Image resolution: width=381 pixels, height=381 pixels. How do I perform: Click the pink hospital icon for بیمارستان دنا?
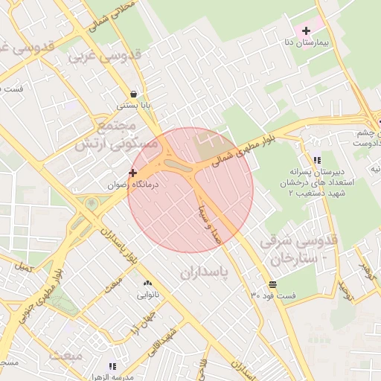306,31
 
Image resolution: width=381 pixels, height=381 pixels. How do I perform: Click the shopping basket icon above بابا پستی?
133,94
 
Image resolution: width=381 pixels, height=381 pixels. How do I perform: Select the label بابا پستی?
133,106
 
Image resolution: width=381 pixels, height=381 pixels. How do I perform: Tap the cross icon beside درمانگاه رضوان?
133,173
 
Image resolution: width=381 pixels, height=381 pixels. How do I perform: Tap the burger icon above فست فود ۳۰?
272,284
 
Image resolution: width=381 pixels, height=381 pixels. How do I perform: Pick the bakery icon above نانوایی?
147,284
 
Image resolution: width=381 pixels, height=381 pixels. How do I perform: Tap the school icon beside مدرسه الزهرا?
112,365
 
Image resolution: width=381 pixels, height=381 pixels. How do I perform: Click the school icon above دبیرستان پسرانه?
318,160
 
